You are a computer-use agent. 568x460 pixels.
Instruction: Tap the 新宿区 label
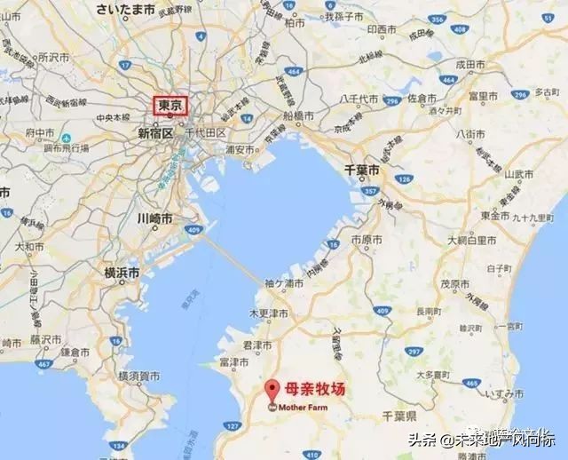[x=156, y=133]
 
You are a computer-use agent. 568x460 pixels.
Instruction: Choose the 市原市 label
[x=367, y=240]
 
